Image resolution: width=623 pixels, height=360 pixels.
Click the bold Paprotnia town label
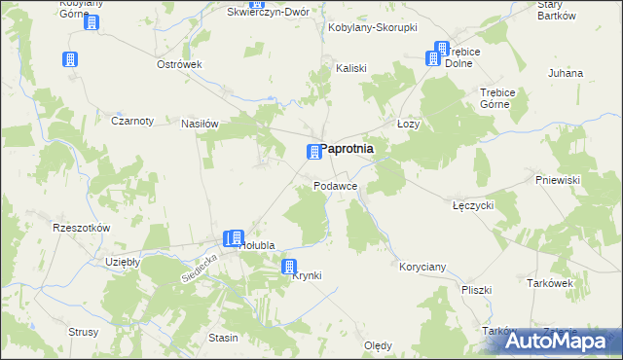(348, 149)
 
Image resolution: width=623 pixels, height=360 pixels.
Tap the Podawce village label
(336, 185)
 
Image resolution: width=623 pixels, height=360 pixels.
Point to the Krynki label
(307, 275)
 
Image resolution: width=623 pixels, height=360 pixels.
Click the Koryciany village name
(422, 266)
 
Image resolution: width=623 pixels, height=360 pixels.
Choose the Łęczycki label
(474, 205)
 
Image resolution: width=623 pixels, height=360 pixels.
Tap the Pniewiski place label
(558, 180)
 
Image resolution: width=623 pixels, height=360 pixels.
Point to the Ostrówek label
(179, 64)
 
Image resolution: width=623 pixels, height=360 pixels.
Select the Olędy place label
(378, 345)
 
